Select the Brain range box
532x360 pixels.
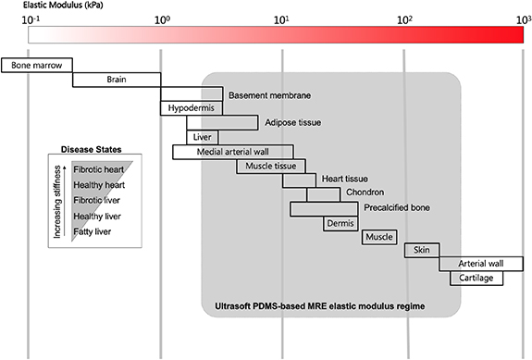116,80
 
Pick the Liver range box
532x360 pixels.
203,137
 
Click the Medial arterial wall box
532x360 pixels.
232,152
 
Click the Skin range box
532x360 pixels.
422,250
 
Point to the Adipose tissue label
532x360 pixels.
293,122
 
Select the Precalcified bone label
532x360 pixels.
396,208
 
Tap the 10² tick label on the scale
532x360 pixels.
403,19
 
